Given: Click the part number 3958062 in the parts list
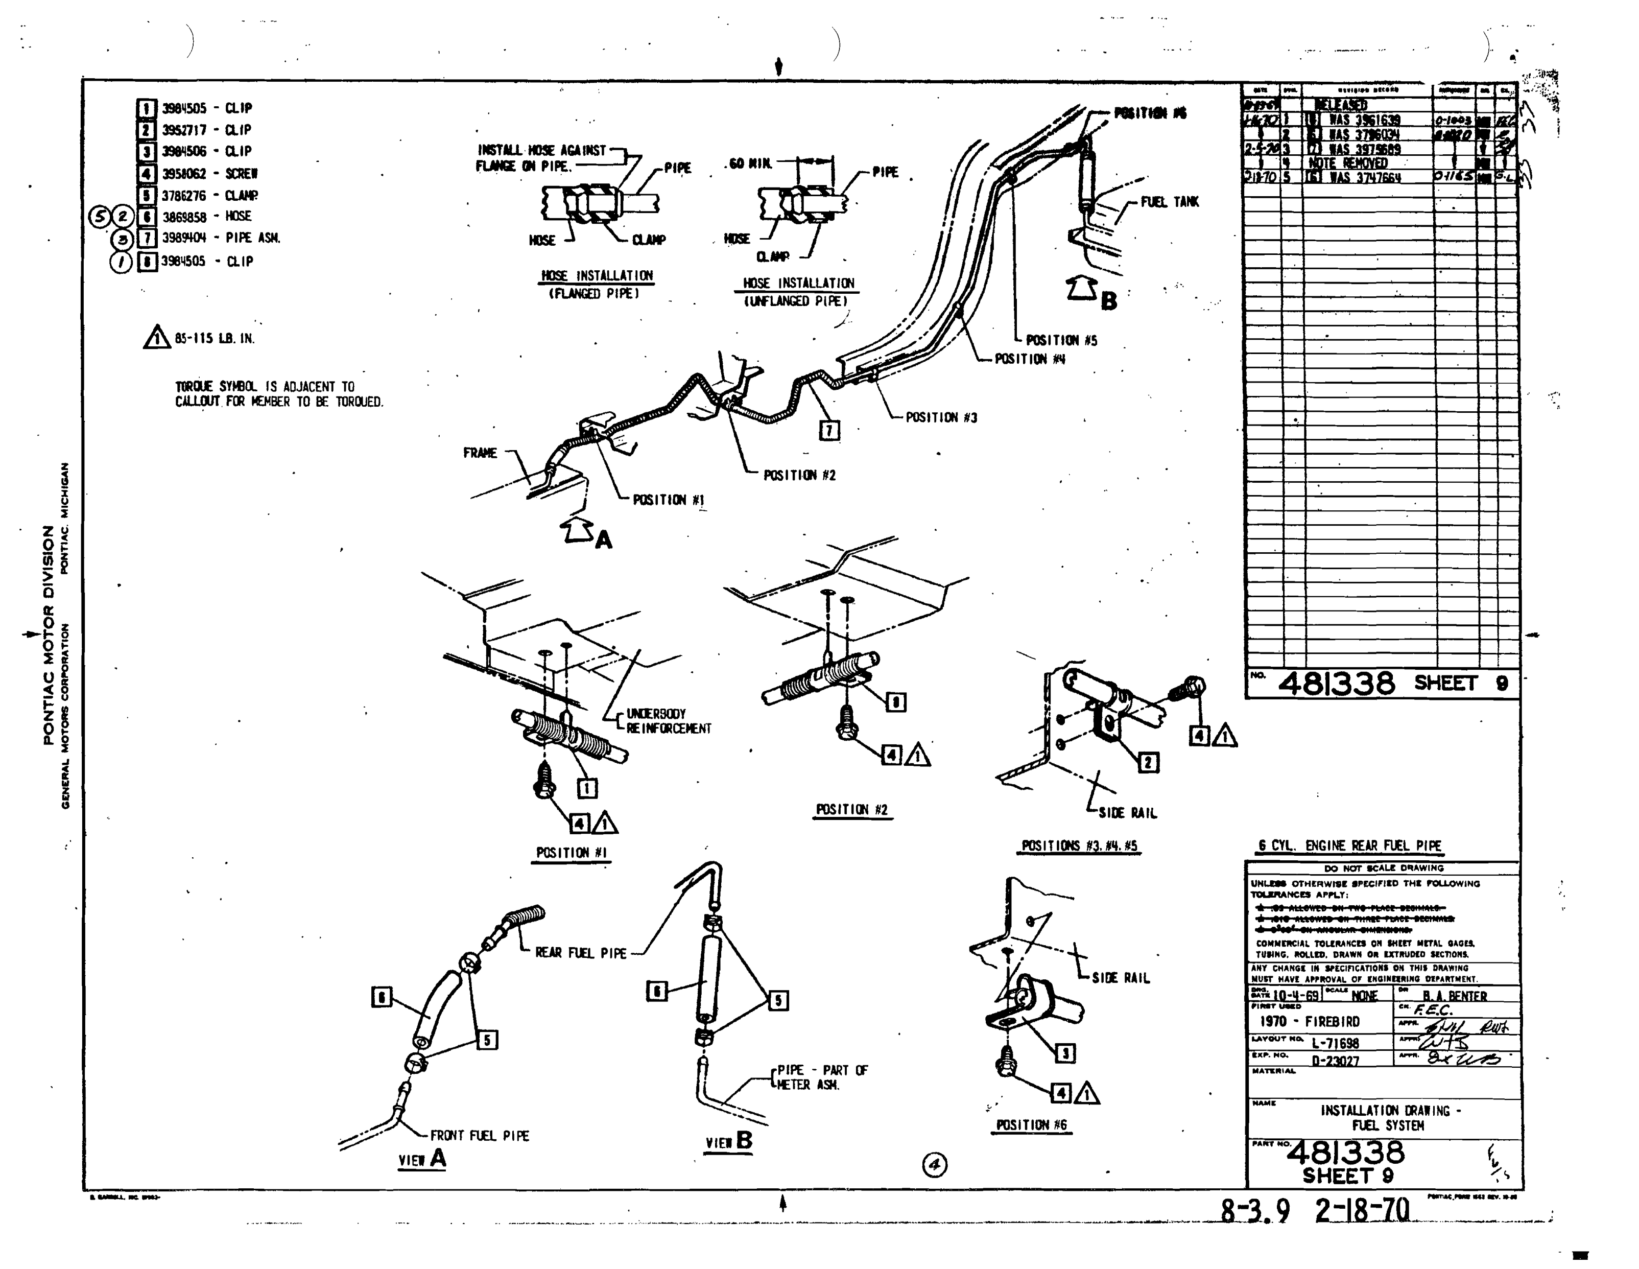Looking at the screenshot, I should coord(184,173).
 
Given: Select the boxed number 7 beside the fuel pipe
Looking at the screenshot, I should coord(828,430).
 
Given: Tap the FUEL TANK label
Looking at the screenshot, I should coord(1169,202).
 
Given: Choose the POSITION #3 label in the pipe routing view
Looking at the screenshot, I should coord(941,417).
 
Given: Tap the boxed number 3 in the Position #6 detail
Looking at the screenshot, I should coord(1065,1053).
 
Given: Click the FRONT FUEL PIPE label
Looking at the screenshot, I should coord(480,1136).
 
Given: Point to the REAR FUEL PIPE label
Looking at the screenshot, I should coord(580,953).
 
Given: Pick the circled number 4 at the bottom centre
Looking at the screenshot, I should coord(934,1165).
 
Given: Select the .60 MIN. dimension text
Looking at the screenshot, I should coord(750,163).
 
